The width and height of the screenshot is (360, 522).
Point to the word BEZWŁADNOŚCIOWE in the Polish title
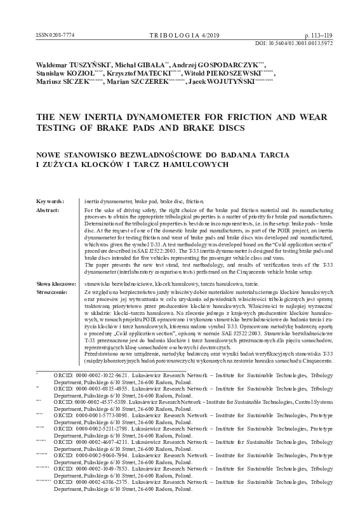point(189,155)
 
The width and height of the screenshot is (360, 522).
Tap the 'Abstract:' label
point(50,209)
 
